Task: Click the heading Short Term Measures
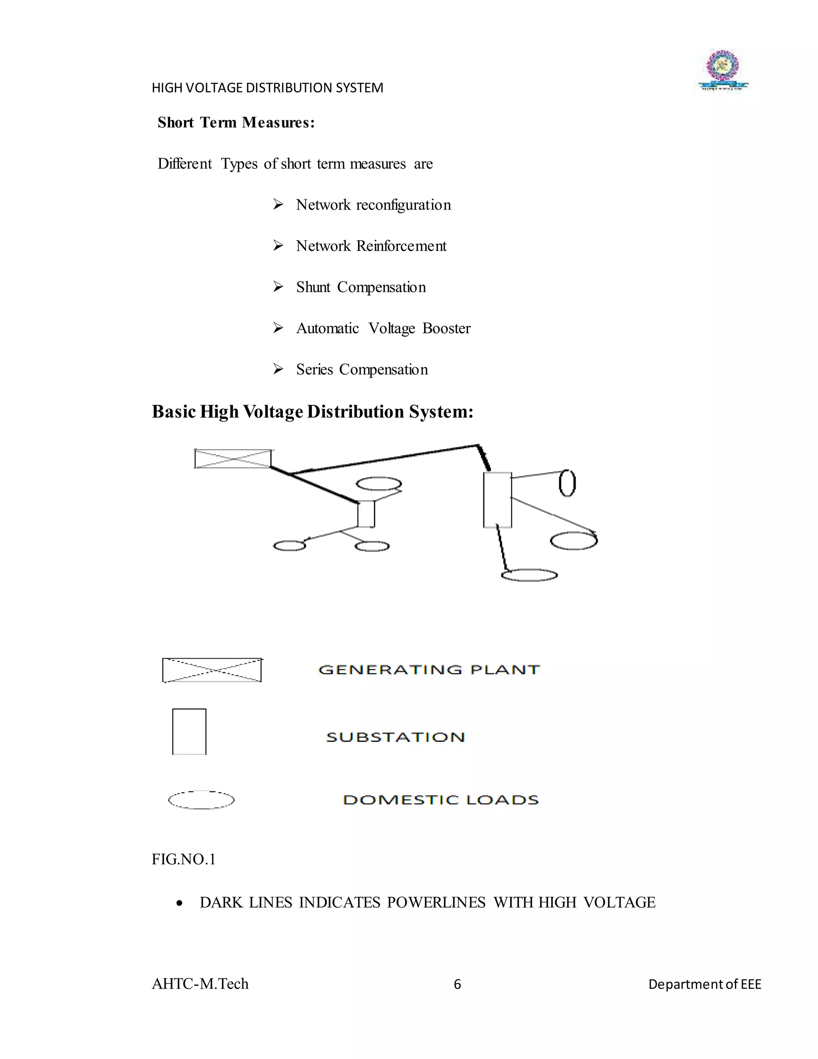coord(236,123)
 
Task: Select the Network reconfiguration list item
coord(373,205)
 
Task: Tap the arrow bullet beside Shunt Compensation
coord(278,287)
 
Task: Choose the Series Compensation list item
coord(361,370)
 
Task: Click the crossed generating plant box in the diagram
coord(232,459)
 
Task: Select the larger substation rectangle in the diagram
coord(497,500)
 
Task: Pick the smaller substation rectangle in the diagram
coord(366,514)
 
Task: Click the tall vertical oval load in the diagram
coord(568,484)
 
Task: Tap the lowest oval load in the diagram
coord(529,575)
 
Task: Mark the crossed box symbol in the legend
coord(212,670)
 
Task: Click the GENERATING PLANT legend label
coord(429,670)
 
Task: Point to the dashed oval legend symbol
coord(201,800)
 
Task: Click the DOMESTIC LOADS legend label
coord(441,800)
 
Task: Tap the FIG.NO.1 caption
coord(184,860)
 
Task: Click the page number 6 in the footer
coord(457,984)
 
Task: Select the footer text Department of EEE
coord(705,984)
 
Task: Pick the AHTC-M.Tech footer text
coord(200,984)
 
